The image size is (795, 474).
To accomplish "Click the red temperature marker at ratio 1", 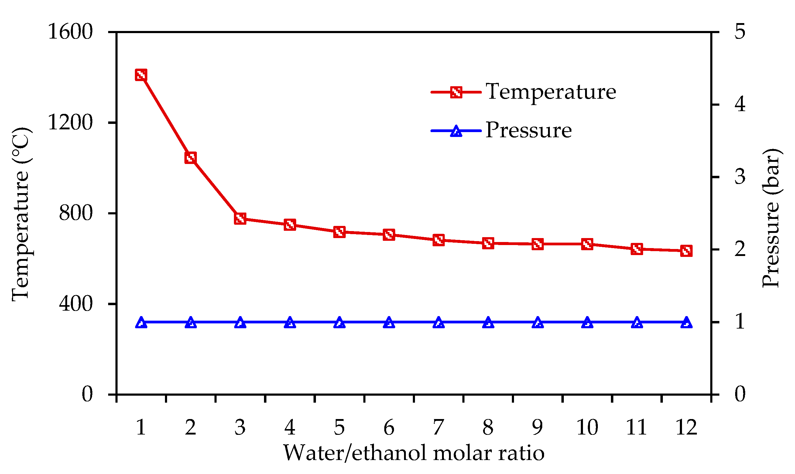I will click(x=141, y=75).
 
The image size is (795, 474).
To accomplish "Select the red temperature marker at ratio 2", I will click(x=190, y=158).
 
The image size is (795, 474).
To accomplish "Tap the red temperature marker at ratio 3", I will click(x=240, y=219).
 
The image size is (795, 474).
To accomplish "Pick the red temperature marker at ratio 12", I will click(x=686, y=251).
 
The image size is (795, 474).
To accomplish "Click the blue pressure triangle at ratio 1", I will click(x=141, y=322).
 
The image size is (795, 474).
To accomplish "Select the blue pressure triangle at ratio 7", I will click(x=439, y=322).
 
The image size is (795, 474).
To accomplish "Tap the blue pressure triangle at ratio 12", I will click(x=686, y=322).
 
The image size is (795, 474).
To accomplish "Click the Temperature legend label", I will click(x=550, y=92).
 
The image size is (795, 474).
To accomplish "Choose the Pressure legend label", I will click(x=528, y=130).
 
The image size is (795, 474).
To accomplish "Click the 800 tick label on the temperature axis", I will click(x=76, y=213).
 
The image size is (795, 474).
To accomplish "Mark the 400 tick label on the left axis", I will click(x=76, y=303).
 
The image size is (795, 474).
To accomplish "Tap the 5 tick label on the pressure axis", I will click(x=740, y=32).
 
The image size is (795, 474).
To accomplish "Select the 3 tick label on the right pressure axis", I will click(x=740, y=177).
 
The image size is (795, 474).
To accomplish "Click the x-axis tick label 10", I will click(x=587, y=427).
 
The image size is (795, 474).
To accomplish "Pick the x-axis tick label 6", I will click(x=389, y=427).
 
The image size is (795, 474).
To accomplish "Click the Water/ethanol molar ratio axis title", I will click(x=414, y=453).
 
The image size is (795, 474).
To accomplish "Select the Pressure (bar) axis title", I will click(x=771, y=218).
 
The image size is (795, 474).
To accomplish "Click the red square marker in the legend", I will click(x=456, y=92).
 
